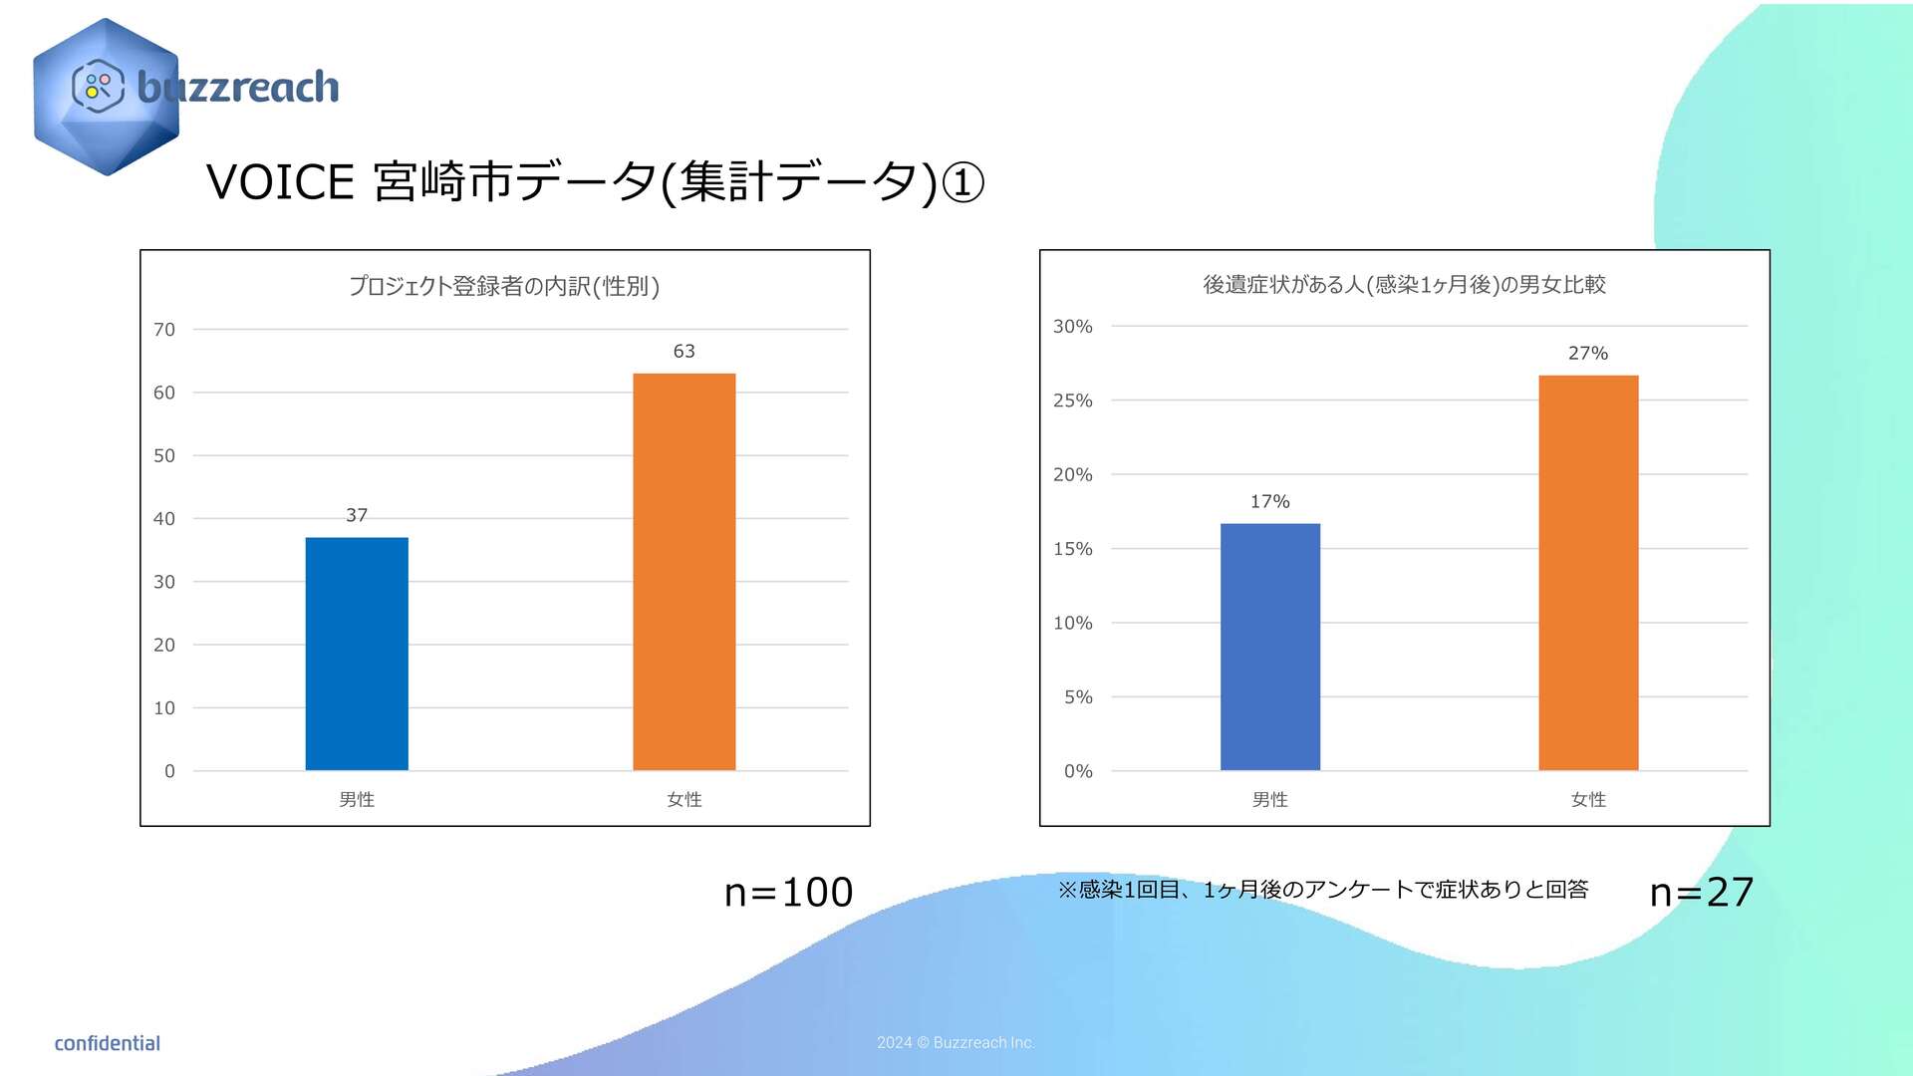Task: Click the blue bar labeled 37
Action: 357,654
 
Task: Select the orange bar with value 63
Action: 683,572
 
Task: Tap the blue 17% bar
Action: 1269,647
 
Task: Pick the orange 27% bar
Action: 1588,573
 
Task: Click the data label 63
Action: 683,351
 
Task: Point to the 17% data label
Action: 1269,501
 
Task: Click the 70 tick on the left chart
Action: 164,330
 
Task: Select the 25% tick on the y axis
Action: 1073,401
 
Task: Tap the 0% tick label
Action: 1078,771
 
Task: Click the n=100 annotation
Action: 788,893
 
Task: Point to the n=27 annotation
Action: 1701,893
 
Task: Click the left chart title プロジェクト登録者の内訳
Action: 504,287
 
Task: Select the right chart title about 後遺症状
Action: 1404,285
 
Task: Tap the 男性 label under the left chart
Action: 357,799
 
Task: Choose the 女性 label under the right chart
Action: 1588,799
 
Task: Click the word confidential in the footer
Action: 107,1043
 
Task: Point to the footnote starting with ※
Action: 1322,890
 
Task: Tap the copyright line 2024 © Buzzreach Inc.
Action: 956,1042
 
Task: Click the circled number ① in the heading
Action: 962,183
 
